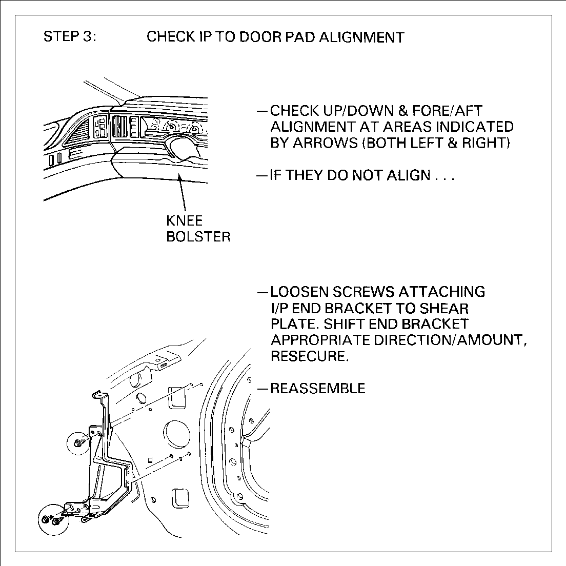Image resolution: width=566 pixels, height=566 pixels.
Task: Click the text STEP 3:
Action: pos(69,37)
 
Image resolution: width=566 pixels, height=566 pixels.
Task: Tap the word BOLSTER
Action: pos(198,237)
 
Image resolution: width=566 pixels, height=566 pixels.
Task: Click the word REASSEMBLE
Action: pos(318,388)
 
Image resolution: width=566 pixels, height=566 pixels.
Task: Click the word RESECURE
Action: pos(310,356)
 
